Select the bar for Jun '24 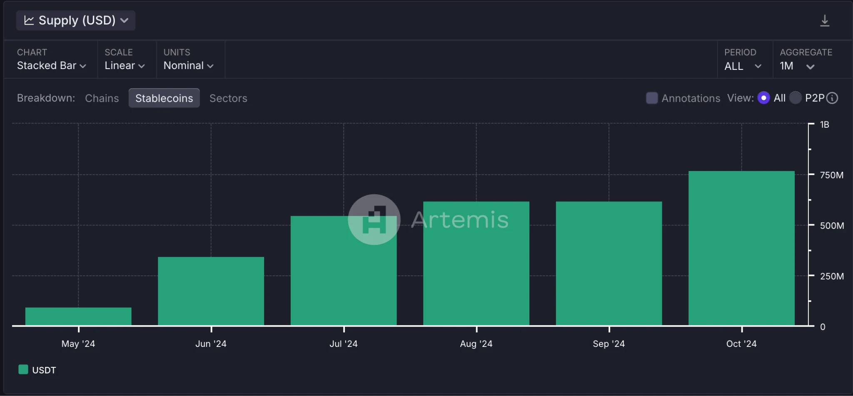click(211, 291)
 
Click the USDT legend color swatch click(23, 369)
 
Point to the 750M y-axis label click(831, 175)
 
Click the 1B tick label click(824, 125)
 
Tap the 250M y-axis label click(831, 276)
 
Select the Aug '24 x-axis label click(476, 344)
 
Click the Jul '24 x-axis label click(343, 344)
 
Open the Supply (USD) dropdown click(76, 20)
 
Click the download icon click(824, 21)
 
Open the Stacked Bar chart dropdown click(51, 66)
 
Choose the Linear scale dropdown click(125, 66)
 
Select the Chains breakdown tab click(102, 98)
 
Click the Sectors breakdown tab click(228, 98)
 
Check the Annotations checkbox click(651, 98)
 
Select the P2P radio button click(795, 98)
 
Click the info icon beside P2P click(832, 98)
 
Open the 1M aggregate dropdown click(797, 66)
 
